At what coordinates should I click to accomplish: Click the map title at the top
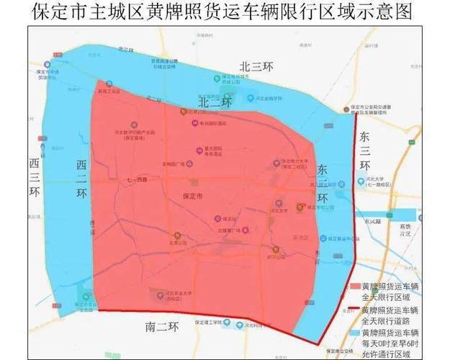tap(225, 12)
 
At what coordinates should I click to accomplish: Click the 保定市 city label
tap(194, 196)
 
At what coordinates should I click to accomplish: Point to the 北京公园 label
tap(178, 243)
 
